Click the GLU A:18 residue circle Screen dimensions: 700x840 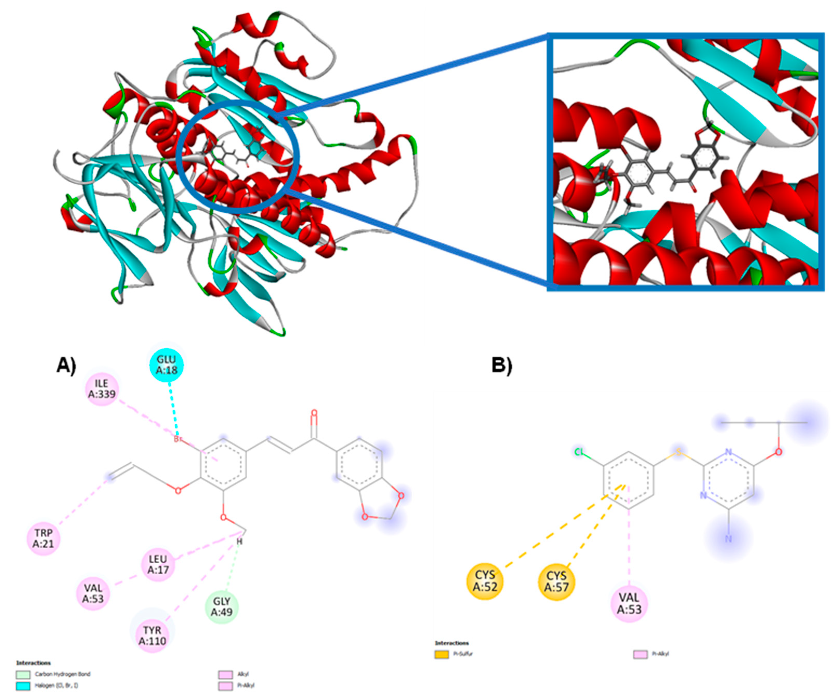[x=166, y=365]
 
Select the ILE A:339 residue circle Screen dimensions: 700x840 [x=102, y=389]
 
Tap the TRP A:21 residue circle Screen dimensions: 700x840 [x=43, y=538]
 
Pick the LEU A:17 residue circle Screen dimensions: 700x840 [x=158, y=564]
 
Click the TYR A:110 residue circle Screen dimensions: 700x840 [x=152, y=636]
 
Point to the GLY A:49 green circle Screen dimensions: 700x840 [x=222, y=607]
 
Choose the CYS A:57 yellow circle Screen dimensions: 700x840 [x=556, y=581]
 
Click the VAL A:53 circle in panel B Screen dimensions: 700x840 [x=629, y=603]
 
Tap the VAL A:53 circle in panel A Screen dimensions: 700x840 [x=93, y=594]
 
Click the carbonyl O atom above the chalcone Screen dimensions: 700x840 [x=314, y=413]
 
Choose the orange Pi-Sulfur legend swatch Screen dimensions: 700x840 [x=442, y=655]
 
